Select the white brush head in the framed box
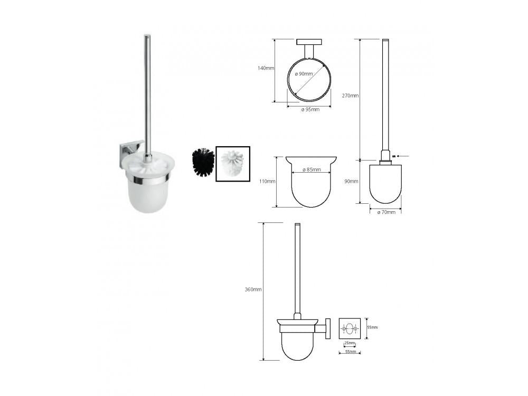[232, 163]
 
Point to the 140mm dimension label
[266, 68]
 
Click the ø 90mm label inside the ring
[304, 74]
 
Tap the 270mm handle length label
[350, 96]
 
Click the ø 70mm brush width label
[386, 212]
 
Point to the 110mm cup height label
[267, 181]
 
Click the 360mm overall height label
[253, 289]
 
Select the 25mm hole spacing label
[349, 343]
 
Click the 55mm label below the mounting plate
[348, 351]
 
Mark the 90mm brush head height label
[351, 181]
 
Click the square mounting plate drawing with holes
[349, 328]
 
